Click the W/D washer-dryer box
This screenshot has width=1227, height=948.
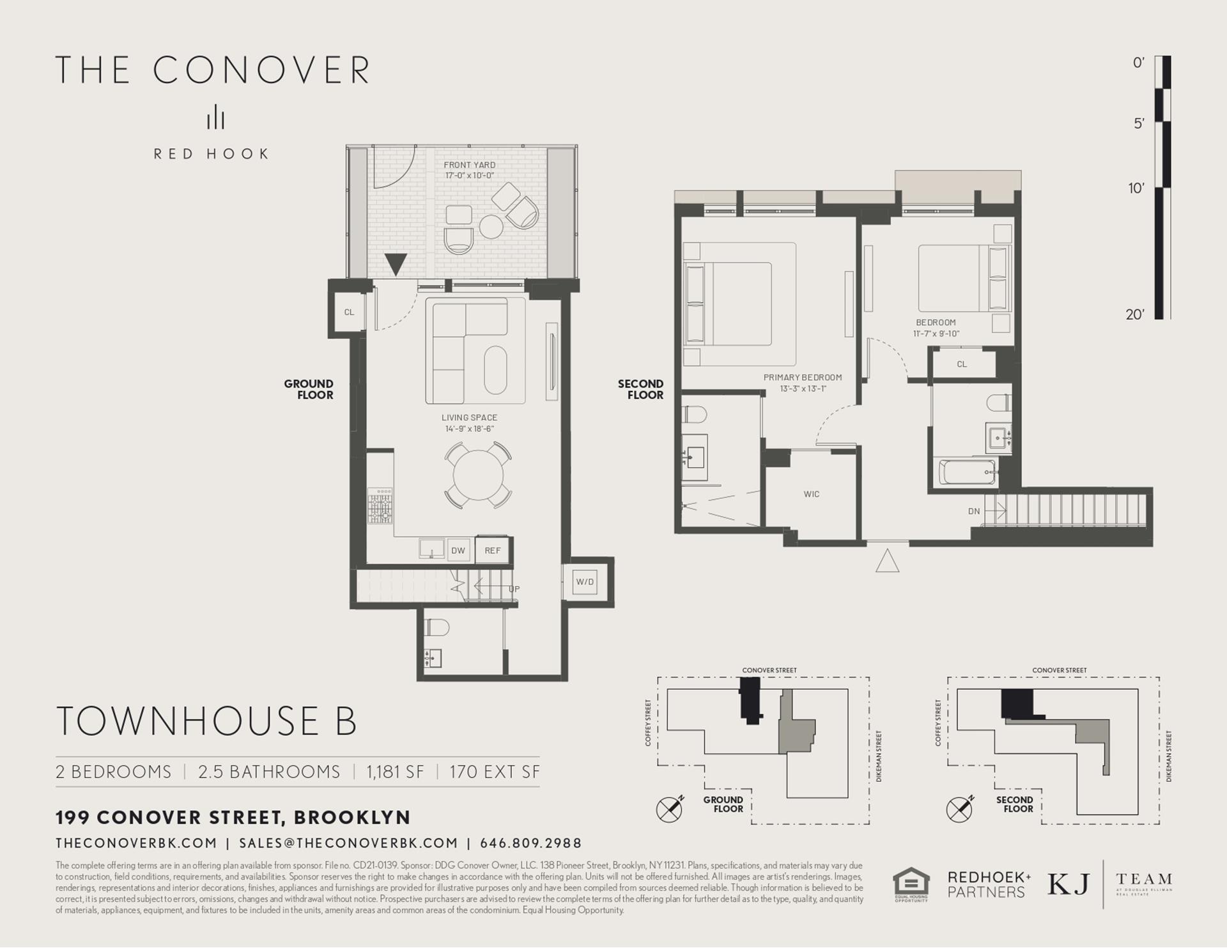[585, 582]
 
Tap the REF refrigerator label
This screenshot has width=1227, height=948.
[492, 551]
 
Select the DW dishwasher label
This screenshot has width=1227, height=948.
[458, 551]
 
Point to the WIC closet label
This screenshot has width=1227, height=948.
[812, 494]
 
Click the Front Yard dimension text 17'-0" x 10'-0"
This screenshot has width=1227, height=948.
[469, 175]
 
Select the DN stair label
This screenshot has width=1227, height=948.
[974, 511]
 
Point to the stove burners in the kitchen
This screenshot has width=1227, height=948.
[380, 506]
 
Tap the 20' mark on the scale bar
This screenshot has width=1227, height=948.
[1135, 314]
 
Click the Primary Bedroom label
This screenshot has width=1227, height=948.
[803, 378]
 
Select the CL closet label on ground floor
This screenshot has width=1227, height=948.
[349, 312]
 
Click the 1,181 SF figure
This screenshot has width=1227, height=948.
[395, 772]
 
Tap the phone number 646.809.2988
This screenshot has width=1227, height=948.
[530, 843]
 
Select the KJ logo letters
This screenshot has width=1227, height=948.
[1068, 884]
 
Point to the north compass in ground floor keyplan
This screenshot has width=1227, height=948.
[669, 809]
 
